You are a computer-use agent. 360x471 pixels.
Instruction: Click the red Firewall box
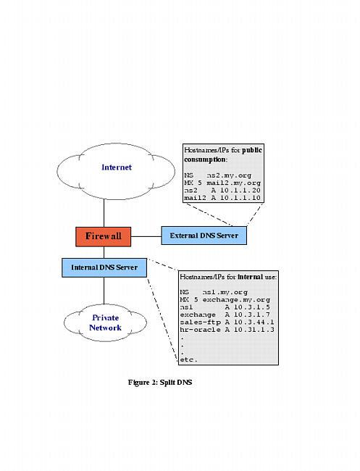[104, 236]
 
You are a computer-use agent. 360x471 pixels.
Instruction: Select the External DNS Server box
[204, 236]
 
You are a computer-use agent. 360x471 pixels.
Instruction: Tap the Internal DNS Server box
[104, 267]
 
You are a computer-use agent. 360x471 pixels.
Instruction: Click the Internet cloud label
[117, 167]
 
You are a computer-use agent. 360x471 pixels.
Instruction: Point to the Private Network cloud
[105, 323]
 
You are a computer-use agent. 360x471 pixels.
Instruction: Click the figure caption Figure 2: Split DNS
[159, 382]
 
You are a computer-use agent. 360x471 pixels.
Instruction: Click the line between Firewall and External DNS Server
[146, 236]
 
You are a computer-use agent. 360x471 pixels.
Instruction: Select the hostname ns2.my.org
[225, 175]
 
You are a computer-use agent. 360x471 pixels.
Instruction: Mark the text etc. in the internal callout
[188, 359]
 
